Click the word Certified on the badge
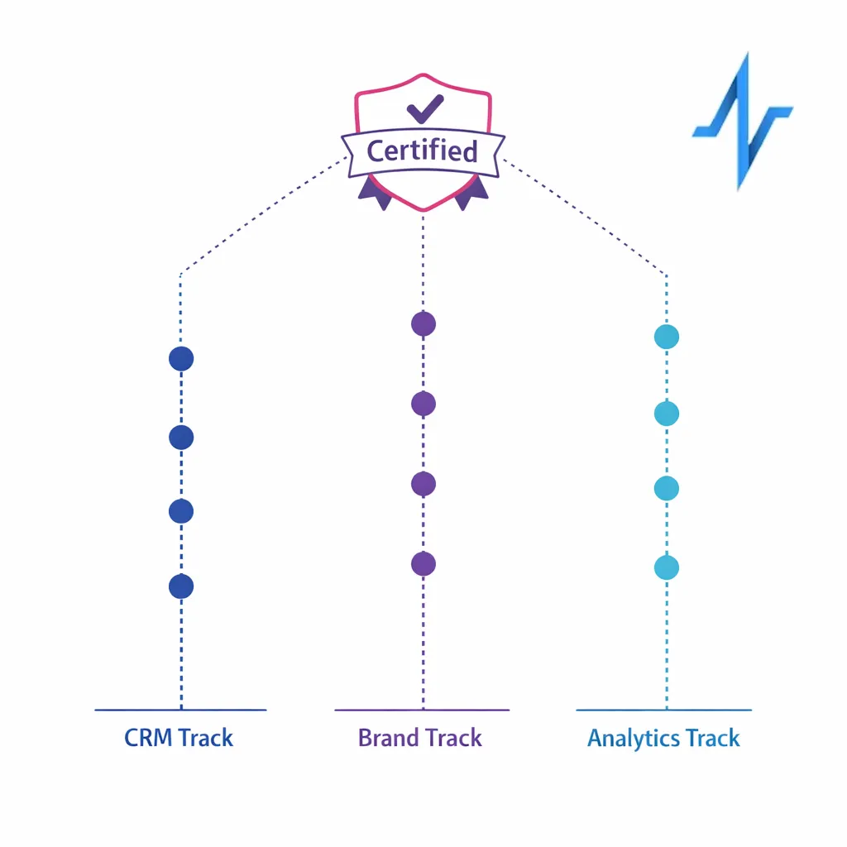pyautogui.click(x=422, y=151)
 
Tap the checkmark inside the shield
pyautogui.click(x=425, y=109)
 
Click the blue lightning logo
pyautogui.click(x=742, y=121)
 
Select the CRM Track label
pyautogui.click(x=179, y=738)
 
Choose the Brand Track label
pyautogui.click(x=420, y=738)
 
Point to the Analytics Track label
pyautogui.click(x=663, y=738)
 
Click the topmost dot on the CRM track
pyautogui.click(x=181, y=359)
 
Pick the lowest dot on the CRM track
pyautogui.click(x=181, y=586)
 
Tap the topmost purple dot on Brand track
pyautogui.click(x=423, y=324)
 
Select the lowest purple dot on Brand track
pyautogui.click(x=423, y=564)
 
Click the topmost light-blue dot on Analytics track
pyautogui.click(x=667, y=337)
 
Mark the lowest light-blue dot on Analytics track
pyautogui.click(x=667, y=567)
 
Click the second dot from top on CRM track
pyautogui.click(x=181, y=437)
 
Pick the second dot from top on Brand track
pyautogui.click(x=423, y=404)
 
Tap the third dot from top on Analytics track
pyautogui.click(x=667, y=489)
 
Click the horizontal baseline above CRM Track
pyautogui.click(x=180, y=710)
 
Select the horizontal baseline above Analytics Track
pyautogui.click(x=663, y=710)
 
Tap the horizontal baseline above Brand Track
pyautogui.click(x=422, y=710)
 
